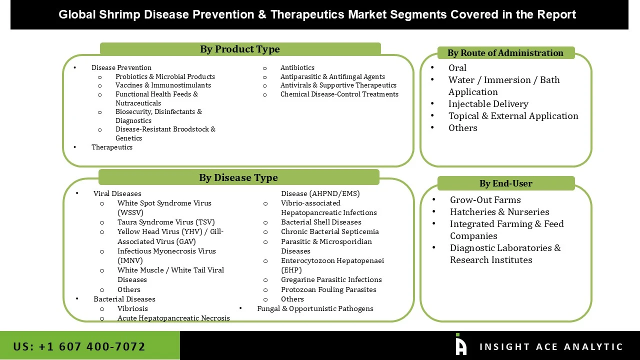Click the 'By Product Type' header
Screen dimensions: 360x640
tap(240, 49)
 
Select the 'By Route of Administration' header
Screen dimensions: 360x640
tap(505, 53)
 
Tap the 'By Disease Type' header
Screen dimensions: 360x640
tap(238, 177)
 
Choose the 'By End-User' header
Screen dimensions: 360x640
tap(505, 183)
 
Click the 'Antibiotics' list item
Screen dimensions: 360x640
tap(297, 68)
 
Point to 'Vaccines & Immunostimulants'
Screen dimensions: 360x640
tap(163, 85)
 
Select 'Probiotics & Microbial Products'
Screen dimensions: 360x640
tap(165, 77)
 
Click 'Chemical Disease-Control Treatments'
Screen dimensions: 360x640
tap(339, 94)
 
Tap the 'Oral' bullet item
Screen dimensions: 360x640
tap(457, 68)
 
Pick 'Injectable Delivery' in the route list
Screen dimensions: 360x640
tap(488, 104)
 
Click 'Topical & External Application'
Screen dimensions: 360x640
tap(513, 116)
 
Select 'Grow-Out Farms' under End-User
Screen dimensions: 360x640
tap(485, 200)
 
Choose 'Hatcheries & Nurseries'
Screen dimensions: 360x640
tap(499, 212)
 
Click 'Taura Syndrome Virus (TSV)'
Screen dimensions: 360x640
tap(166, 222)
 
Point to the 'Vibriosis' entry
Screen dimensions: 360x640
tap(132, 309)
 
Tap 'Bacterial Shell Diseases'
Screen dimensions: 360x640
tap(321, 222)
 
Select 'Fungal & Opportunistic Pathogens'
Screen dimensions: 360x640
tap(315, 309)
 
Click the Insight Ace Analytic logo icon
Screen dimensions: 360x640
tap(460, 345)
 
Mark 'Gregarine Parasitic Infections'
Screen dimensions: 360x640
tap(331, 280)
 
